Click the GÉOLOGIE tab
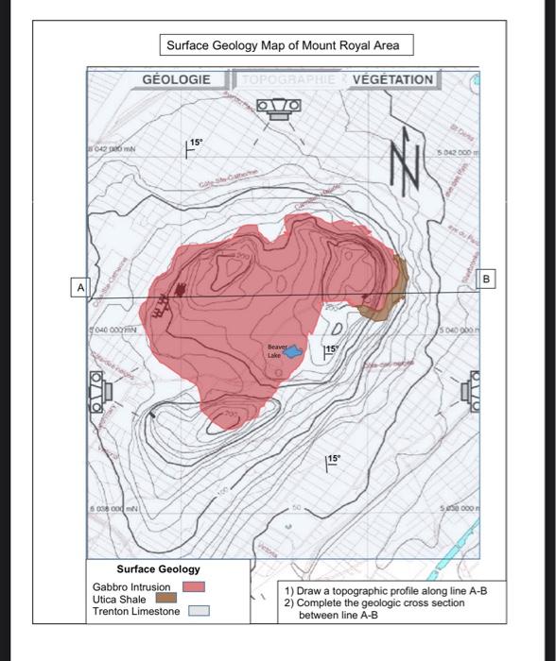click(176, 80)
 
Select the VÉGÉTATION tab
click(391, 80)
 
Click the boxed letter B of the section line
click(487, 280)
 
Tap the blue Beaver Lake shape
click(294, 350)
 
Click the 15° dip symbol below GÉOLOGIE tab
click(193, 144)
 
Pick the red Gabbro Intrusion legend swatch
click(193, 586)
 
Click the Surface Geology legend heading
click(158, 569)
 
